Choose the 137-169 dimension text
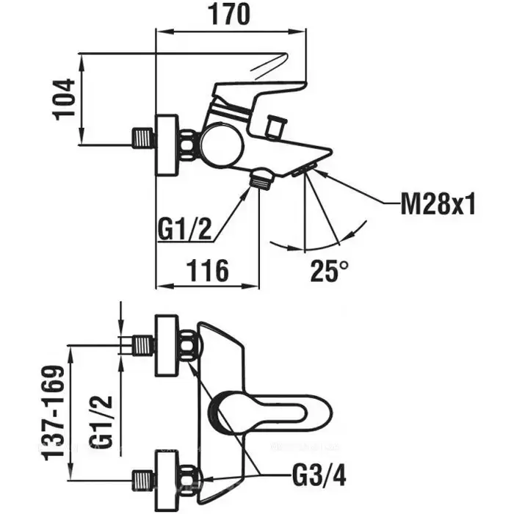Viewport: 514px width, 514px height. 54,409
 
